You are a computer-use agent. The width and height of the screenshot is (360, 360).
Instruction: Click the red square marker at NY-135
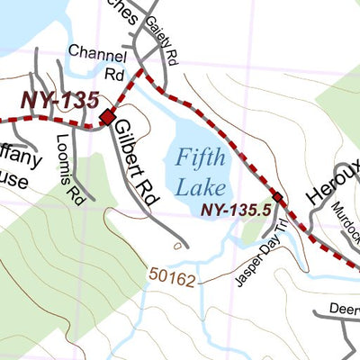pyautogui.click(x=107, y=117)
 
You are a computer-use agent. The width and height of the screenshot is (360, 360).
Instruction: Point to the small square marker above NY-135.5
pyautogui.click(x=276, y=197)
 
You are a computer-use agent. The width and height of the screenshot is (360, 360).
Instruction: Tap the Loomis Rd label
pyautogui.click(x=67, y=171)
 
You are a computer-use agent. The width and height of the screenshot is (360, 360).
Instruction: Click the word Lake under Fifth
pyautogui.click(x=201, y=187)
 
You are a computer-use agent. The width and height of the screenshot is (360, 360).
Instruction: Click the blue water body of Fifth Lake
pyautogui.click(x=220, y=144)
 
